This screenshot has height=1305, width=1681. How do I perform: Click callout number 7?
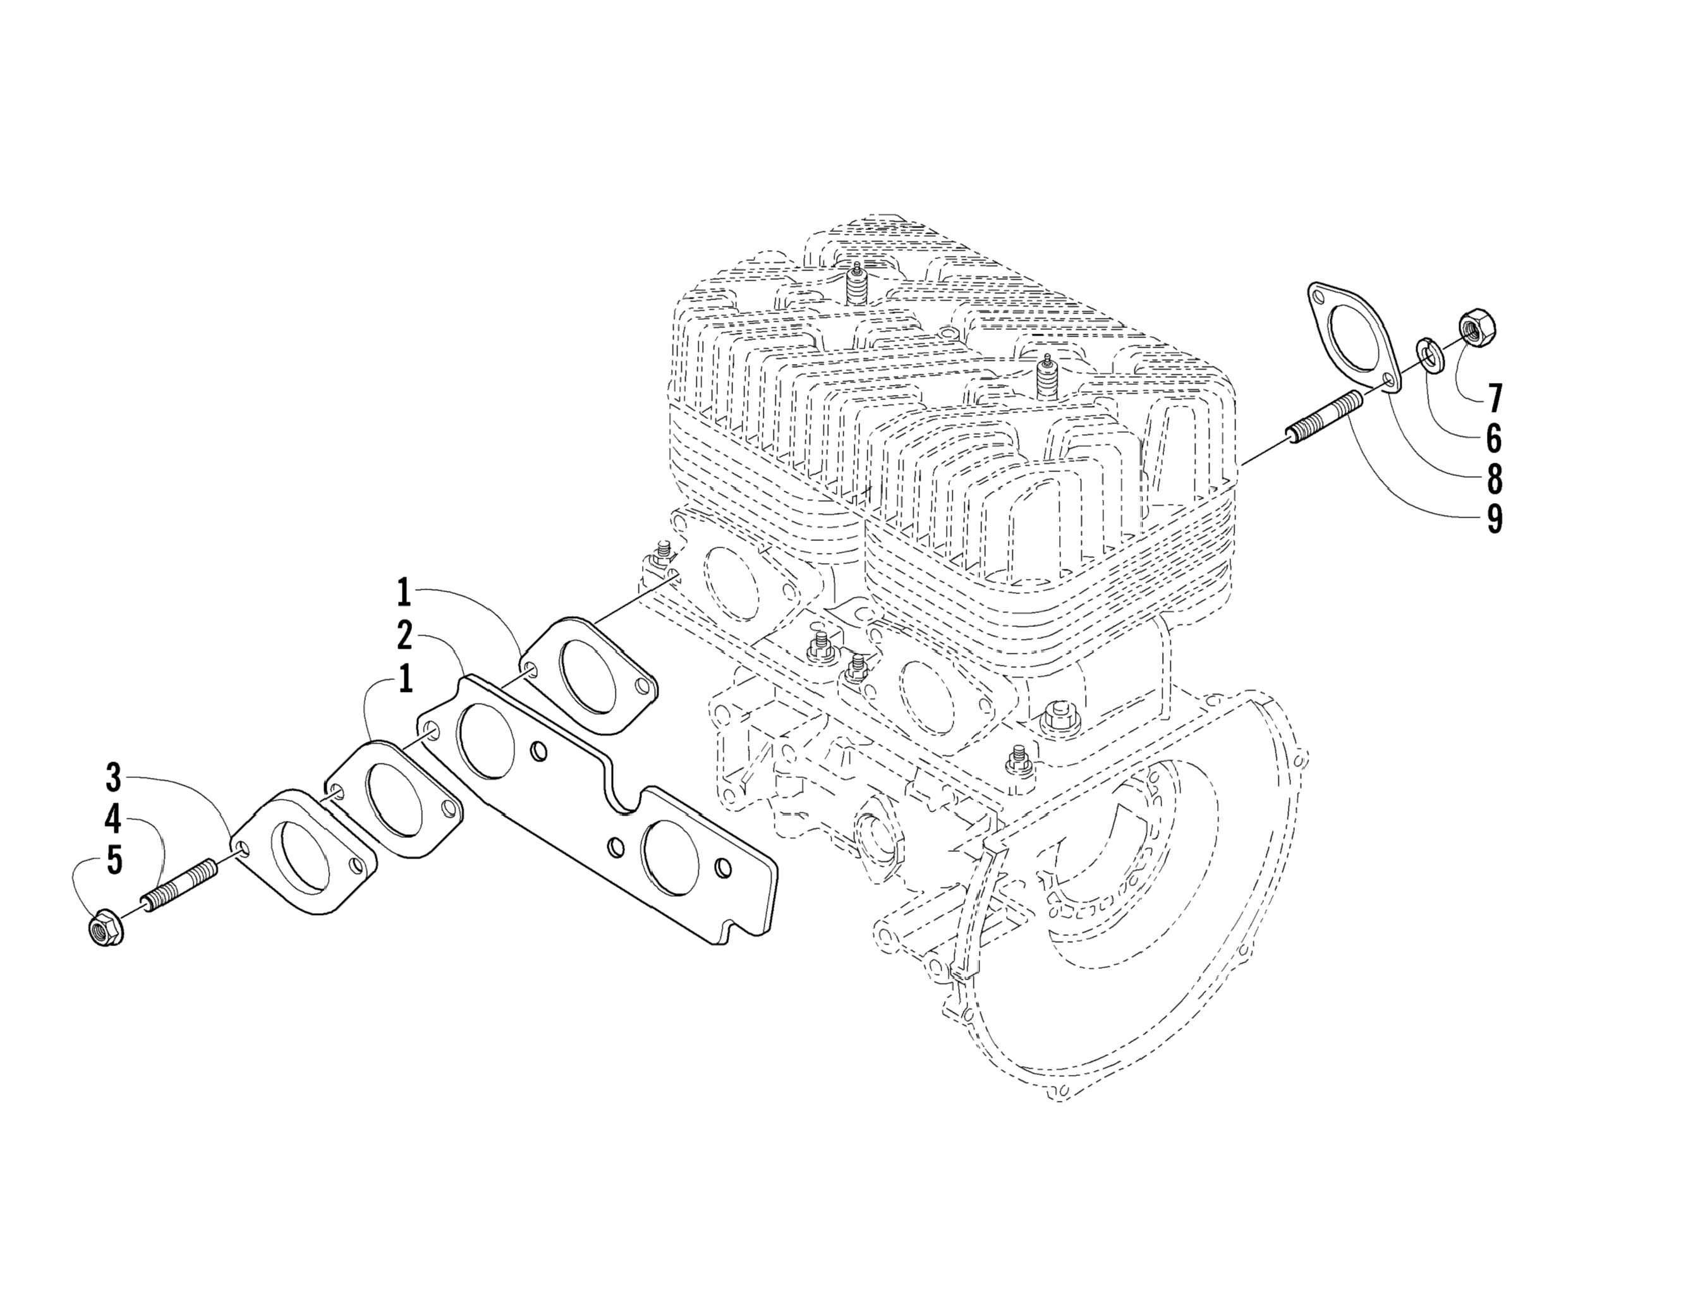click(1493, 399)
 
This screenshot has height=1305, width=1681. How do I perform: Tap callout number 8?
click(1493, 479)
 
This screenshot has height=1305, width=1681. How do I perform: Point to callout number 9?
click(1493, 519)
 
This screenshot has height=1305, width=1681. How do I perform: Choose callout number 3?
click(114, 777)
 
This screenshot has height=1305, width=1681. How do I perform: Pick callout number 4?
click(114, 819)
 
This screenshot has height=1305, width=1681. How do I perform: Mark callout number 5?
click(114, 860)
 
